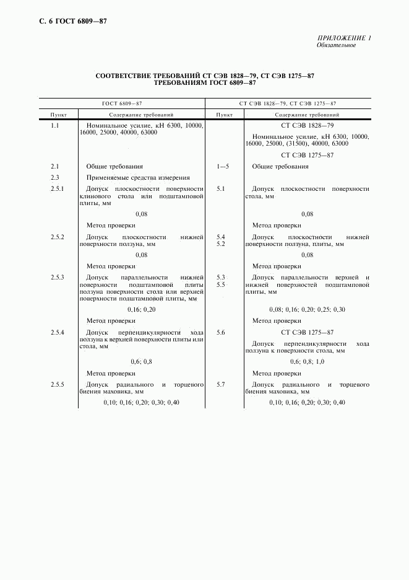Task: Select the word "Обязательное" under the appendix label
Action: click(336, 45)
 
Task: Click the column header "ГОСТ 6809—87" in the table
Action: click(122, 103)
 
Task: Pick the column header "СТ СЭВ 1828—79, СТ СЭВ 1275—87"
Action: click(288, 103)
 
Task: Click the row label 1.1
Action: click(54, 126)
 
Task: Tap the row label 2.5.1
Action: click(57, 189)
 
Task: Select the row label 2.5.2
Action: click(57, 237)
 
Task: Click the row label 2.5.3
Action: click(57, 277)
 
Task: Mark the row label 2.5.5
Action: click(57, 385)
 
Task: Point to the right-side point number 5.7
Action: click(221, 385)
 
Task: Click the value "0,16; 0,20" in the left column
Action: click(142, 309)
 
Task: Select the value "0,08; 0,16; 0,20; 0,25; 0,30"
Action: click(307, 309)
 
